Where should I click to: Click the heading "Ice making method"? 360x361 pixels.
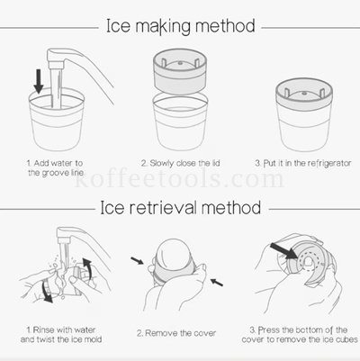click(x=181, y=26)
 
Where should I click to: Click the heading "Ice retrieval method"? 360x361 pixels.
click(x=180, y=208)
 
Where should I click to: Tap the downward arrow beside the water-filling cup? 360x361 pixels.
click(x=39, y=81)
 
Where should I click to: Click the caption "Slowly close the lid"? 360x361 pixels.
click(x=181, y=164)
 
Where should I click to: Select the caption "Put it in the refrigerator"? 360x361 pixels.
click(x=303, y=164)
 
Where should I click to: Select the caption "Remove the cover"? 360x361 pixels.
click(x=176, y=333)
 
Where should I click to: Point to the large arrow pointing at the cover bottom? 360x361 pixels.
click(x=283, y=250)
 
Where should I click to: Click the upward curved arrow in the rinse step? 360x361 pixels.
click(x=87, y=267)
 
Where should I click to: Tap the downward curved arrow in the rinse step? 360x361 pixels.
click(x=47, y=291)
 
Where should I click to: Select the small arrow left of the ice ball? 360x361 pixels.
click(x=137, y=261)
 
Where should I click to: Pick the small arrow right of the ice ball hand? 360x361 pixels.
click(x=217, y=282)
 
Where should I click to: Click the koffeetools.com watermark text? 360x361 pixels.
click(x=179, y=179)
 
